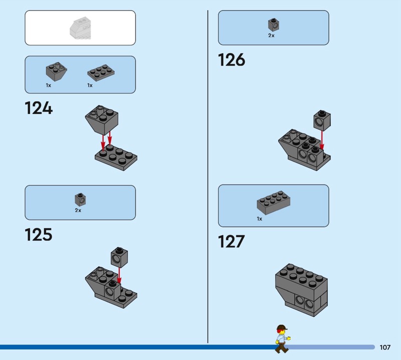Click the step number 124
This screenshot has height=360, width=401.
click(x=39, y=108)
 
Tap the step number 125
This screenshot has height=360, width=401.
click(x=39, y=235)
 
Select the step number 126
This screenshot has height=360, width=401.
click(x=232, y=60)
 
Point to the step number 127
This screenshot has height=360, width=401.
click(x=231, y=242)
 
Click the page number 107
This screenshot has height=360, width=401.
click(x=385, y=347)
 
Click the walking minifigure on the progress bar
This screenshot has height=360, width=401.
click(x=282, y=339)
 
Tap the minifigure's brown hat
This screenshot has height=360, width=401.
click(x=282, y=327)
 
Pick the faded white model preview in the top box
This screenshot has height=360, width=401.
click(x=80, y=29)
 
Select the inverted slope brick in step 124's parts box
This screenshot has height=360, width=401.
click(x=57, y=71)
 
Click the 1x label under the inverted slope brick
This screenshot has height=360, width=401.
click(x=48, y=85)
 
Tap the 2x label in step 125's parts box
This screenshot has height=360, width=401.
click(x=78, y=210)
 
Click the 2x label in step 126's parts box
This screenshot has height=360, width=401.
click(x=271, y=36)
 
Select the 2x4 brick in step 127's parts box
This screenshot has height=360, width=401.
click(x=273, y=203)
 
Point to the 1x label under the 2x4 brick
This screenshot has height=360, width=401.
click(x=259, y=219)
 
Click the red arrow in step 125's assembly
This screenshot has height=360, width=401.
click(x=119, y=276)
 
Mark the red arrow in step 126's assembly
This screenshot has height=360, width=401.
click(x=322, y=140)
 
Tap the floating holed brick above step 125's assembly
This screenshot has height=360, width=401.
click(x=119, y=257)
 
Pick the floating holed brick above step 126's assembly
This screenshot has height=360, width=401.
click(x=322, y=121)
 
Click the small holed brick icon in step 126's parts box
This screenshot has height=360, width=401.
click(x=274, y=25)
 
